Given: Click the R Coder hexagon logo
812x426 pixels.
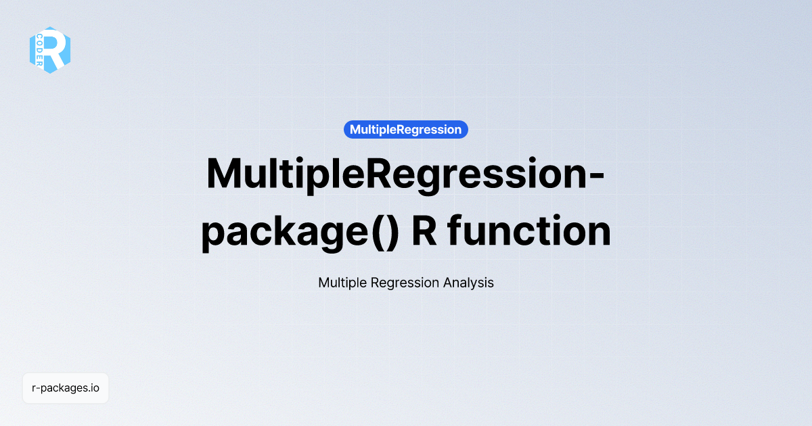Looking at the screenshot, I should (50, 50).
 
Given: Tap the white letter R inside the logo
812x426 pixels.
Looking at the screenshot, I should (56, 49).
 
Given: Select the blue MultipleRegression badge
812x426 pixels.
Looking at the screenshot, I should (406, 129).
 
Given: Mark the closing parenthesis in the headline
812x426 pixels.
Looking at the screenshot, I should (392, 232).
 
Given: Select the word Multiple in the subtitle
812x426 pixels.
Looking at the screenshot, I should (342, 283).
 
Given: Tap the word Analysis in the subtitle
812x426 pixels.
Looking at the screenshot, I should (468, 283).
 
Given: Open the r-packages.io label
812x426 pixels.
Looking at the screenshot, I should (66, 388).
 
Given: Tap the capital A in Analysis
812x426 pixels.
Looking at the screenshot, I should (447, 283).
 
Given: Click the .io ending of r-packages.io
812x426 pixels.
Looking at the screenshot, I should (94, 388).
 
